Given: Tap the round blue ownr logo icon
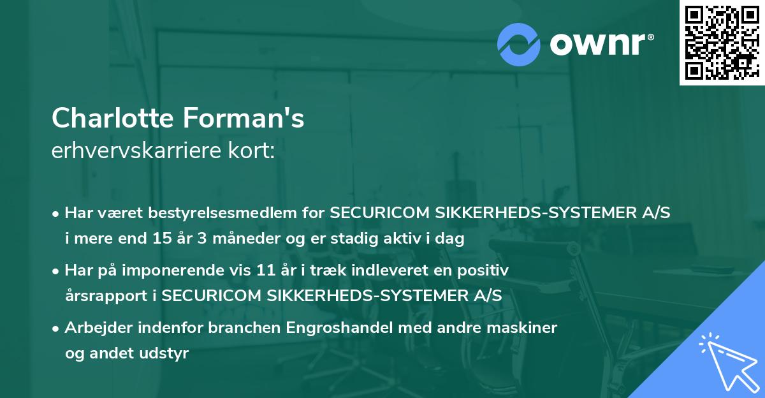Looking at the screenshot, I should (x=519, y=44).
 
